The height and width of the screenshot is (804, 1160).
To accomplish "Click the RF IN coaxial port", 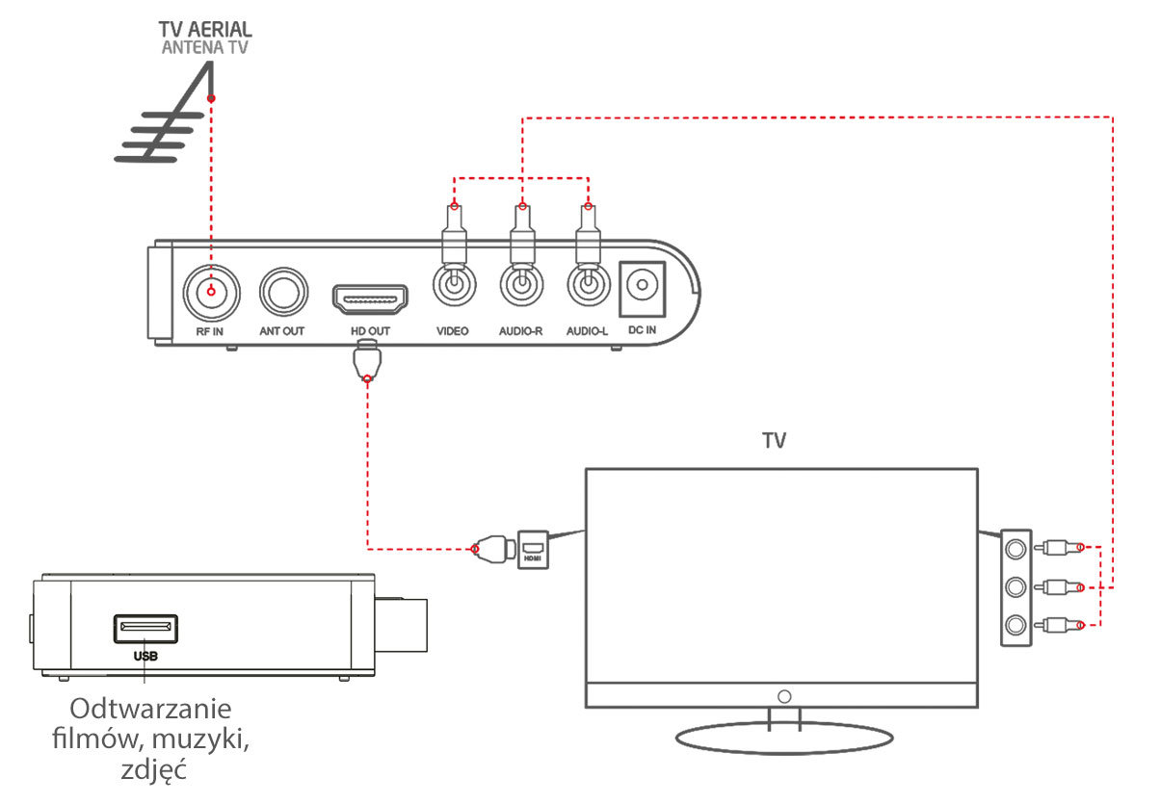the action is point(211,293).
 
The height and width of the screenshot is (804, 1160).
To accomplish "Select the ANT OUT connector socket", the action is point(283,292).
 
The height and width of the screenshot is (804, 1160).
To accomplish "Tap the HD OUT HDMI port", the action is point(370,299).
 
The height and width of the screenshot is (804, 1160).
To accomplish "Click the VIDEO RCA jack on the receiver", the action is point(454,285).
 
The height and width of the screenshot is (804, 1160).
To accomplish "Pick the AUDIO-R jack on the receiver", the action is point(522,285).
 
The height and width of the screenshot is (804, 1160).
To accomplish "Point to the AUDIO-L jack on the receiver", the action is point(589,285).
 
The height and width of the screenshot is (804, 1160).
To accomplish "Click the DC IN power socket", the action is point(642,289).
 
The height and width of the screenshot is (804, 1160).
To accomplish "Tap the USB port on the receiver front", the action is point(145,629).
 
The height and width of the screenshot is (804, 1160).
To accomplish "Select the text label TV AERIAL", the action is point(205,29).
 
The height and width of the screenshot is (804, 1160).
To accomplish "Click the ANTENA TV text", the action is point(205,47).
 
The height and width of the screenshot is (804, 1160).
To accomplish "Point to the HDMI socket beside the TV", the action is point(533,550).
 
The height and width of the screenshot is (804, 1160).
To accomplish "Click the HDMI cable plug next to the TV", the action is point(494,549).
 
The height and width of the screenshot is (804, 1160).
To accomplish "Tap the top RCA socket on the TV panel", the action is point(1015,549).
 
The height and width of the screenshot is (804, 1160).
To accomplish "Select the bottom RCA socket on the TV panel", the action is point(1015,625).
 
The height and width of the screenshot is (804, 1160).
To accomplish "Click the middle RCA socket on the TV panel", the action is point(1015,587).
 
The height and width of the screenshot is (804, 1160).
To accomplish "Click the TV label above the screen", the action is point(775,441).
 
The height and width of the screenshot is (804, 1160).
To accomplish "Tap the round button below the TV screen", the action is point(784,696).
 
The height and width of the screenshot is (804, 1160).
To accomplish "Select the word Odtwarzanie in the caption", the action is point(150,709).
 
